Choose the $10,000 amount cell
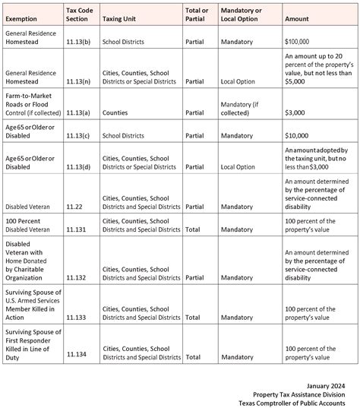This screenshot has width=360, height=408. click(297, 135)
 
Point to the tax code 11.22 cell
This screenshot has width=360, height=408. click(74, 206)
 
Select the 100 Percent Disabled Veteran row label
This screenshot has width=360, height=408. click(29, 225)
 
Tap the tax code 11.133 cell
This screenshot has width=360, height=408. click(76, 310)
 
